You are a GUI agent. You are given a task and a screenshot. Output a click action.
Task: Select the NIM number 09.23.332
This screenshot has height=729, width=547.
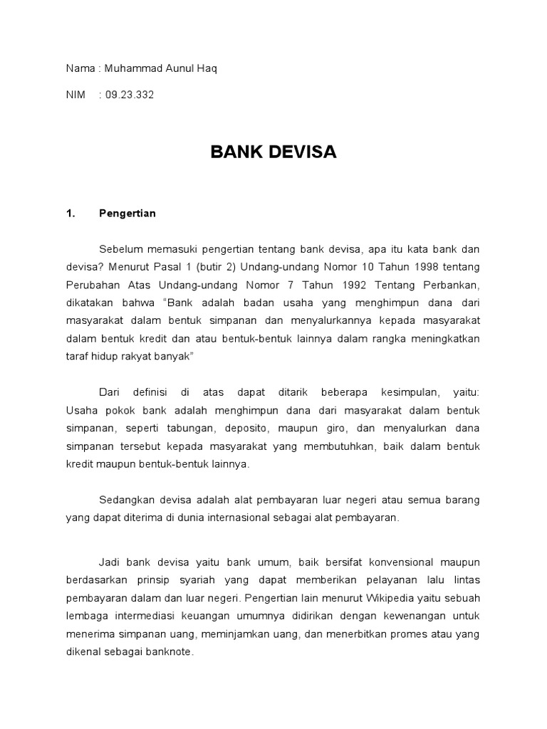click(129, 93)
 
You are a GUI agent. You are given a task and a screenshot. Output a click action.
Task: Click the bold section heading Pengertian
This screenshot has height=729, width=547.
click(127, 213)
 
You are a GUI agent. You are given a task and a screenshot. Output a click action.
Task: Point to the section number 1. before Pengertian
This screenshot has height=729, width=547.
click(70, 213)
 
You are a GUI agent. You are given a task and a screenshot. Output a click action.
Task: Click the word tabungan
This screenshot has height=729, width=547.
click(192, 428)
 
